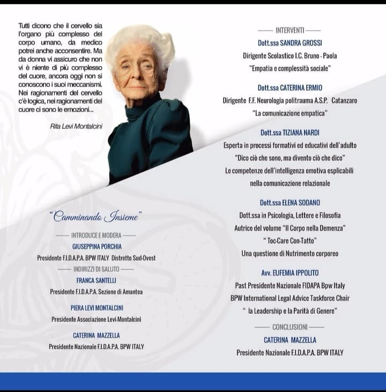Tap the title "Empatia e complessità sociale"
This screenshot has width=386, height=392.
click(x=289, y=69)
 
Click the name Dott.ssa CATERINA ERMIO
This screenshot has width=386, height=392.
click(x=289, y=87)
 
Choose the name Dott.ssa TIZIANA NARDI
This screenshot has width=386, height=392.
click(x=289, y=132)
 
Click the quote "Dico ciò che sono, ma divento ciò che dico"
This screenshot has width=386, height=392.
click(x=289, y=158)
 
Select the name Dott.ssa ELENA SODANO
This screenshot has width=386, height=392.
click(x=289, y=203)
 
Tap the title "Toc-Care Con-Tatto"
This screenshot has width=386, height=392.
click(x=289, y=241)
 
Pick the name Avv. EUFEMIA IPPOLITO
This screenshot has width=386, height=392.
click(x=289, y=273)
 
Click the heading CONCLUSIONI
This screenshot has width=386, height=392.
click(x=289, y=327)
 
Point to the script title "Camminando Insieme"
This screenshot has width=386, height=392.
click(x=95, y=217)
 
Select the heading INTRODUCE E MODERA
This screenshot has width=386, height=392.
click(x=96, y=235)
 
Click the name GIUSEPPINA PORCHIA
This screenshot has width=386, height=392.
click(x=96, y=247)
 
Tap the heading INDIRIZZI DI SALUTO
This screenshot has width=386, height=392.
click(x=96, y=269)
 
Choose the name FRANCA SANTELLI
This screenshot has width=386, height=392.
click(x=96, y=280)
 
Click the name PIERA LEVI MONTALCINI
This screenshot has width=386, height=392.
click(x=96, y=308)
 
